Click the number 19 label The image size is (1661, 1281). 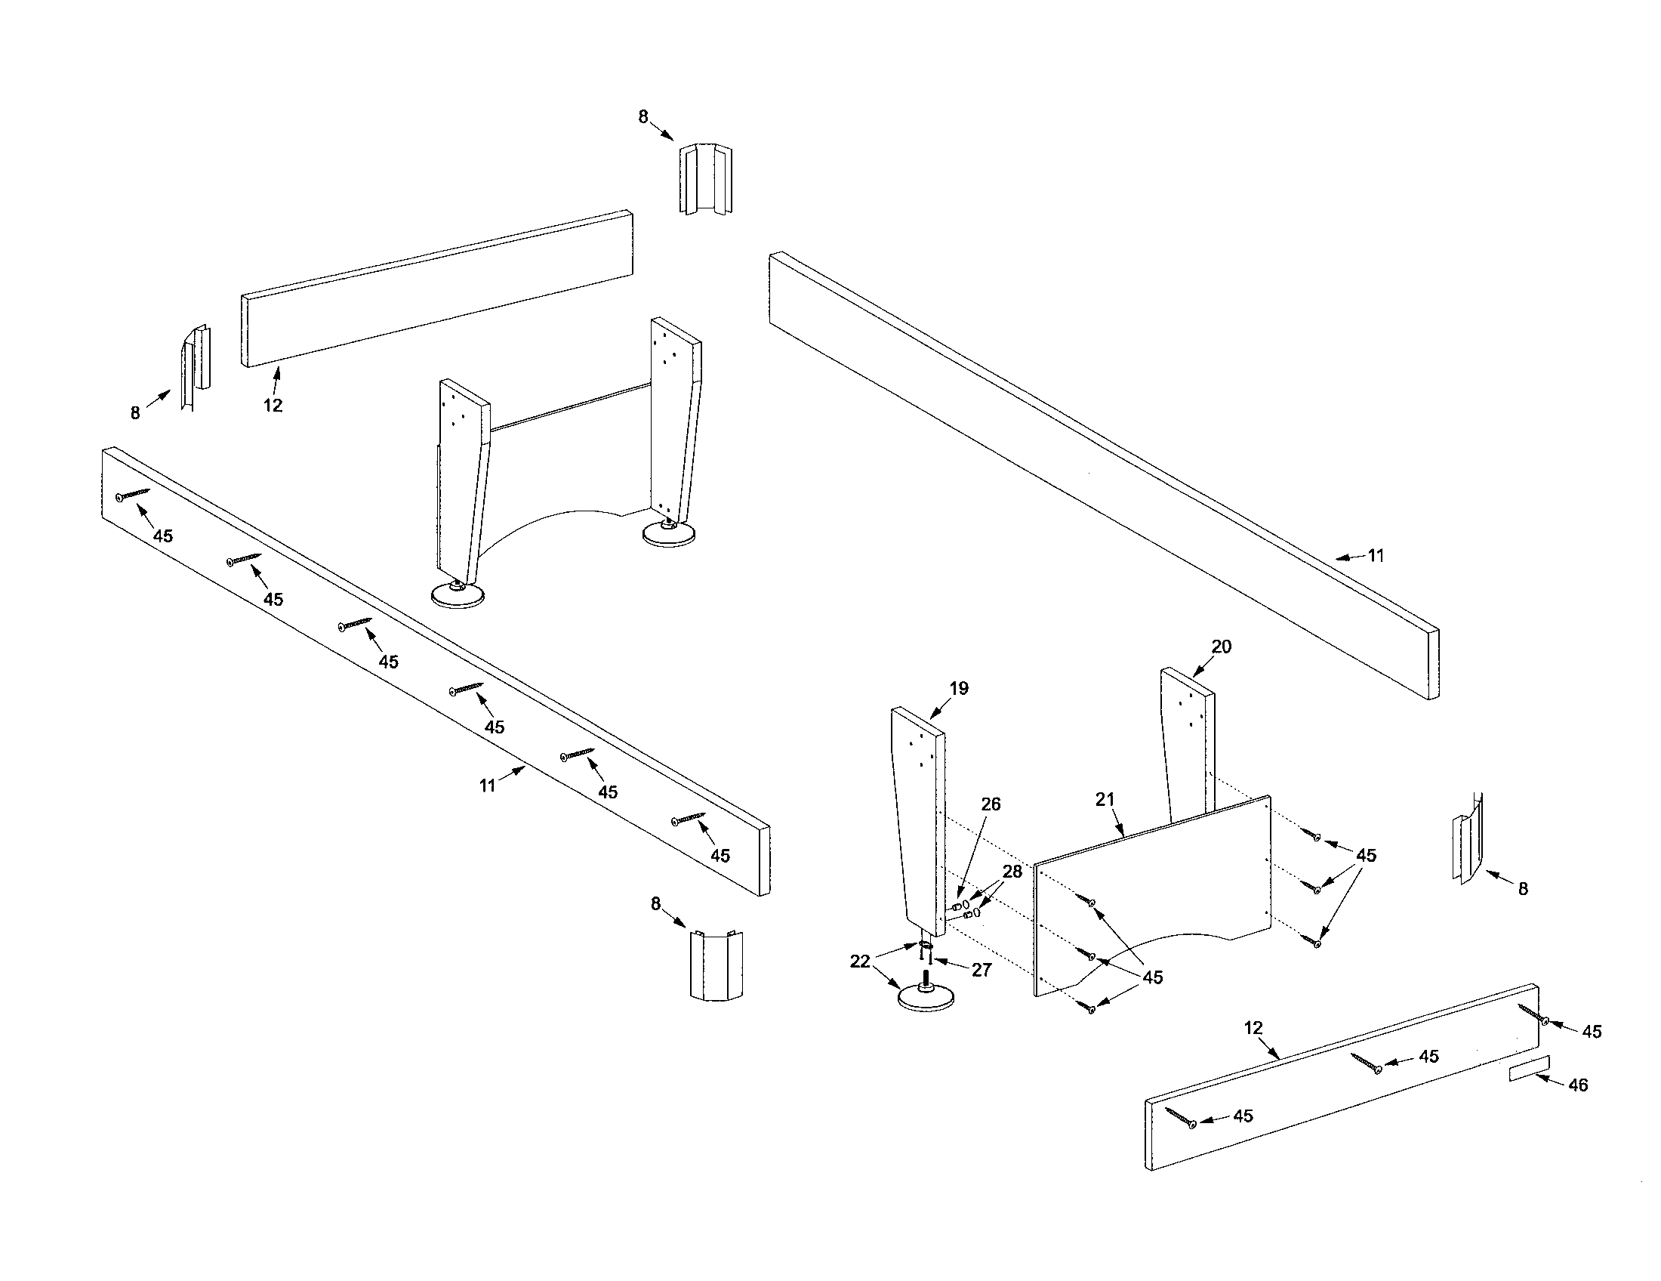959,687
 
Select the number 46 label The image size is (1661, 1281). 1578,1085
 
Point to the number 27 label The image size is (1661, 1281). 981,970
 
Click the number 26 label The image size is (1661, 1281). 991,804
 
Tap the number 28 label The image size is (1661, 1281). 1012,871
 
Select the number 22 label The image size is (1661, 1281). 859,961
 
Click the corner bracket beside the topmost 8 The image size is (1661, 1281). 704,179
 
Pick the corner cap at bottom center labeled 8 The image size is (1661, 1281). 716,964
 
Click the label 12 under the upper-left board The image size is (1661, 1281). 273,406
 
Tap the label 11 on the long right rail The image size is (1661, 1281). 1376,555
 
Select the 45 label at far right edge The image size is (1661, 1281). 1592,1032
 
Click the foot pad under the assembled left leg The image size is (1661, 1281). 457,595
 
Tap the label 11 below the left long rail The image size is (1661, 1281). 488,785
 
